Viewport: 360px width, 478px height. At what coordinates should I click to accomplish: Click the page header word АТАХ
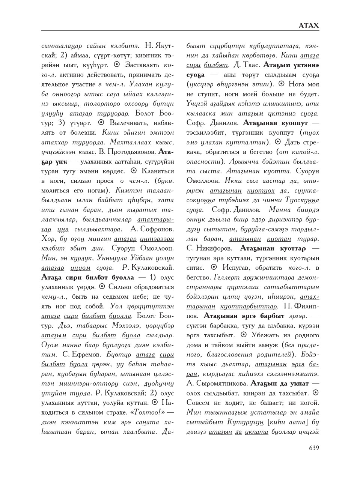tap(309, 26)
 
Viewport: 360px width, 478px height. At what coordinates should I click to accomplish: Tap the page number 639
tap(314, 448)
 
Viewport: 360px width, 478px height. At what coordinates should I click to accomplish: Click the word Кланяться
tap(157, 171)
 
